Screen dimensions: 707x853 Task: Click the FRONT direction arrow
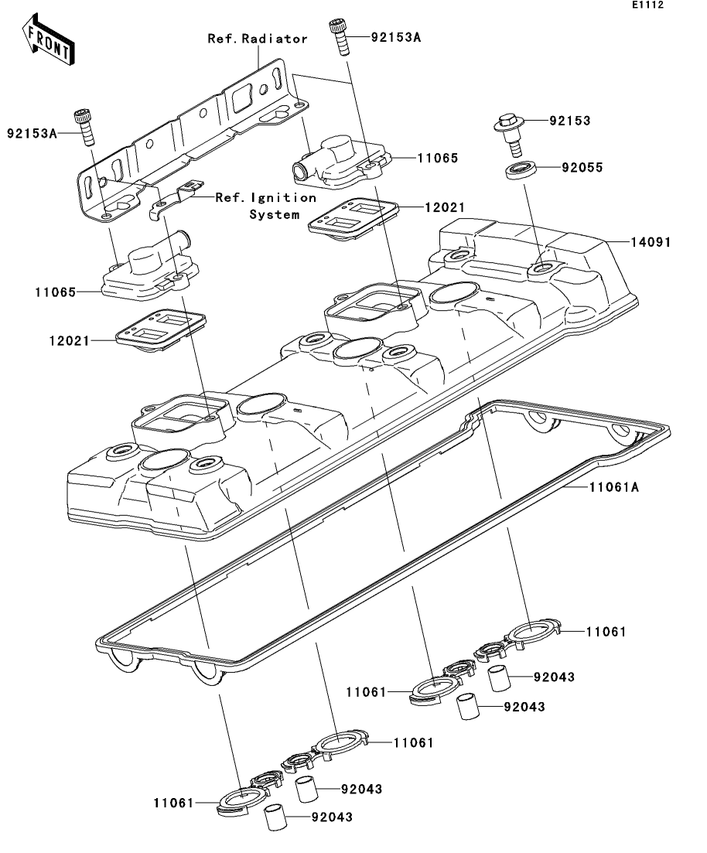(49, 39)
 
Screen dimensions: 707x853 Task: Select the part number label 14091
(651, 242)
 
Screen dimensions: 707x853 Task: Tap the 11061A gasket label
(614, 487)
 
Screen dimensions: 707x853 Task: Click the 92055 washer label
(582, 168)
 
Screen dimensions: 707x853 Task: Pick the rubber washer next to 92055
(521, 169)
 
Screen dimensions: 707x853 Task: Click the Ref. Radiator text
(258, 39)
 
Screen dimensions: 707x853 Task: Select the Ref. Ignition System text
(266, 206)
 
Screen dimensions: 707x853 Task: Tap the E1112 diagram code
(647, 5)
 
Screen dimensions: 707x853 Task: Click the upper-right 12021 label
(445, 207)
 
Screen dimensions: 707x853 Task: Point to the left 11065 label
(56, 292)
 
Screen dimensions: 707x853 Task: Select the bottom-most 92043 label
(332, 817)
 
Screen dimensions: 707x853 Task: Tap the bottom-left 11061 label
(173, 803)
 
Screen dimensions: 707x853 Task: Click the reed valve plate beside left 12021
(161, 328)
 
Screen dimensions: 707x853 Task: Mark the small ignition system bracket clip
(176, 200)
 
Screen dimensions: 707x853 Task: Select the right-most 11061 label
(606, 632)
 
